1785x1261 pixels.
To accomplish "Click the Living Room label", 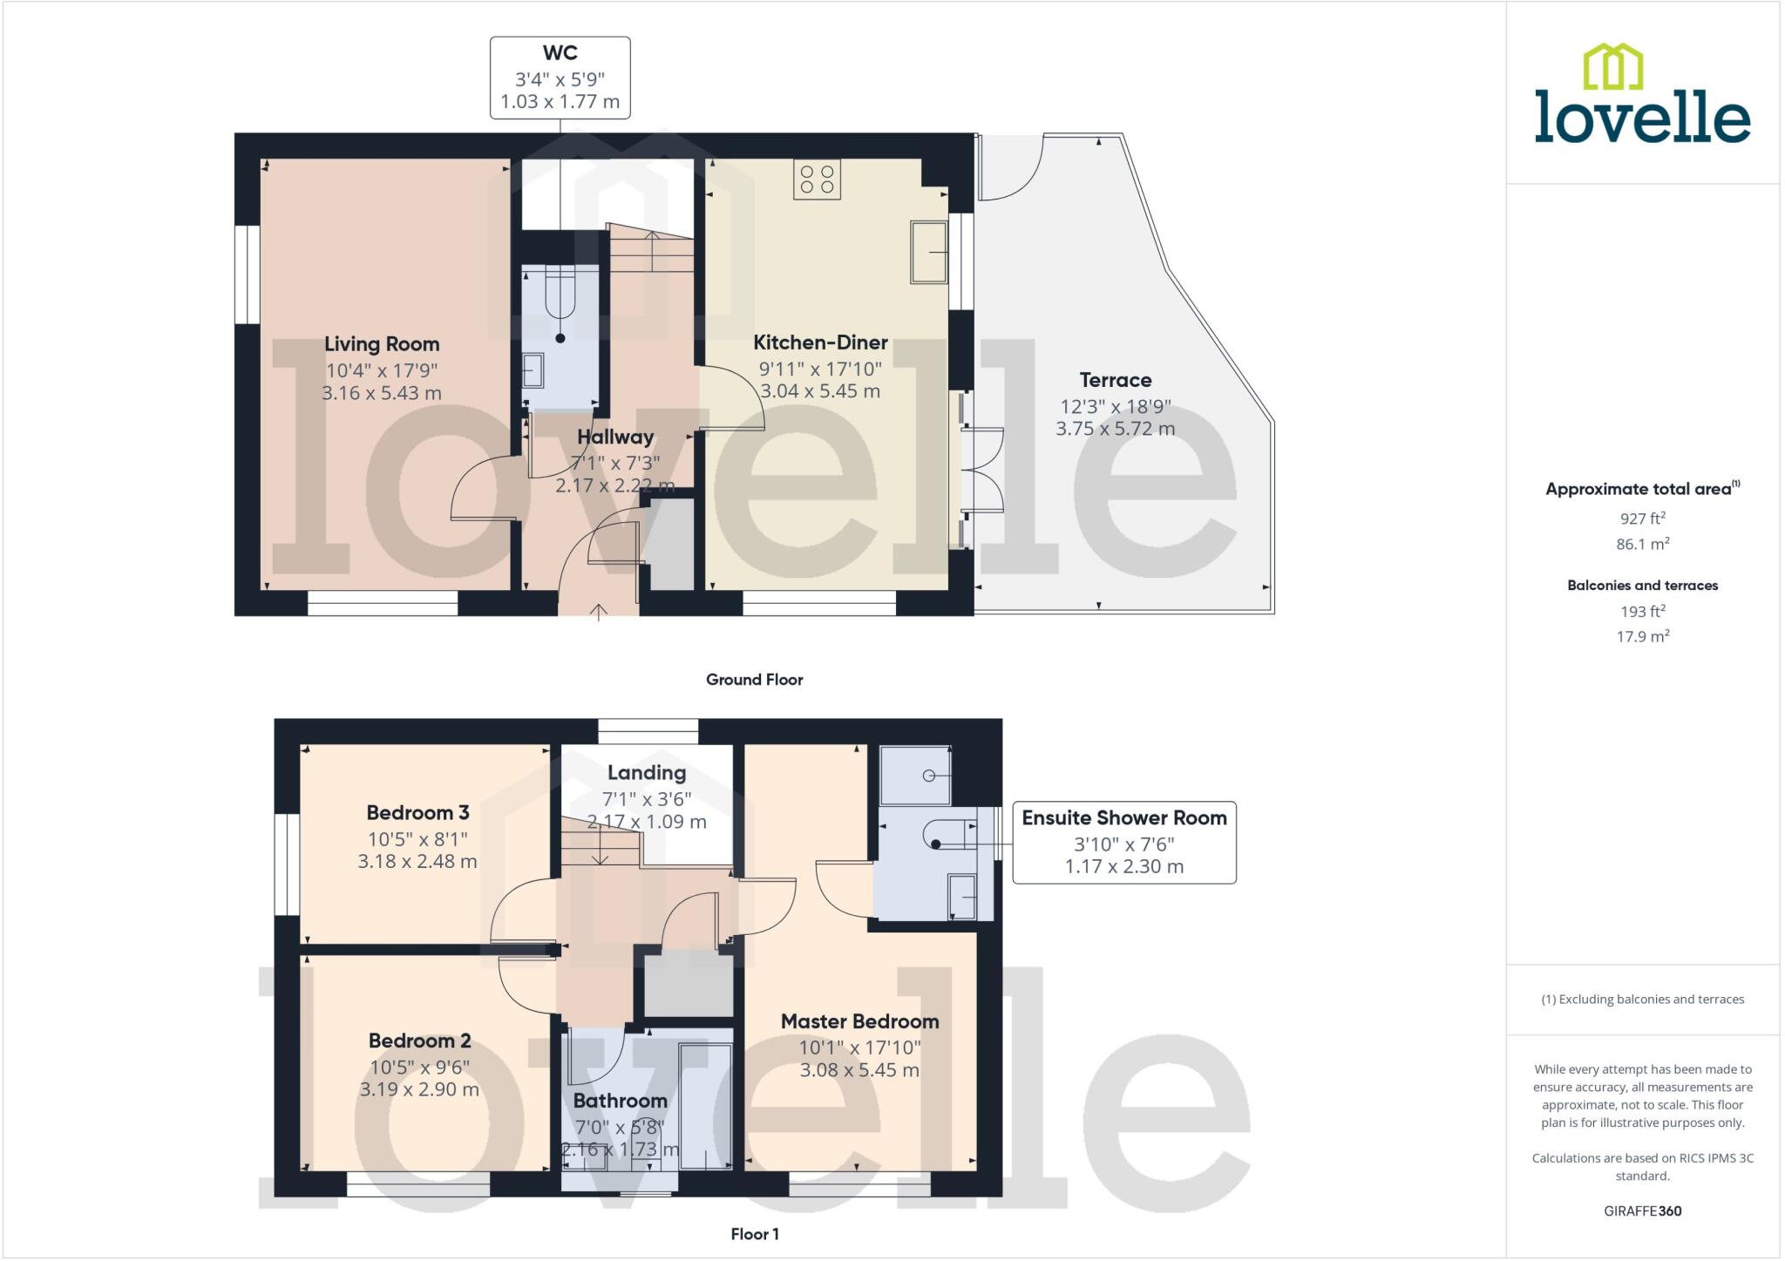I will (382, 344).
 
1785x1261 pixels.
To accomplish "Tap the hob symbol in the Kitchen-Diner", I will (817, 180).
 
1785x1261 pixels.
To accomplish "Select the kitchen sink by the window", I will (928, 252).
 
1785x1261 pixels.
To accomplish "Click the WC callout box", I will (560, 78).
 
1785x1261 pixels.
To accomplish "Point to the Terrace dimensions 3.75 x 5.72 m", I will (1115, 429).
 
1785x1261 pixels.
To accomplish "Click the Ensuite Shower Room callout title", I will (1123, 817).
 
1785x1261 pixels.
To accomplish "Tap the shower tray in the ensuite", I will (914, 775).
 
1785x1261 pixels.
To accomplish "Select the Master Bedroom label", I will (859, 1021).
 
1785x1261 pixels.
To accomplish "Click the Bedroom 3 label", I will (417, 813).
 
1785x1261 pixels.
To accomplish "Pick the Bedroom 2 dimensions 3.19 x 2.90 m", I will (419, 1089).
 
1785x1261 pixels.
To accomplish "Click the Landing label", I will (646, 773).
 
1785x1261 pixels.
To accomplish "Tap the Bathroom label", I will (620, 1101).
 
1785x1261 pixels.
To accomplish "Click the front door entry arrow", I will (599, 612).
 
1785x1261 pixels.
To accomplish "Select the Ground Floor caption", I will (754, 680).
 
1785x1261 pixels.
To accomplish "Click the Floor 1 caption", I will (754, 1234).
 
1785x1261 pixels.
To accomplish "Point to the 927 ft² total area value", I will (1642, 519).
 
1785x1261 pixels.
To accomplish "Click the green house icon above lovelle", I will (1612, 67).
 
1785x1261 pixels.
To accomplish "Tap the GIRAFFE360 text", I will (1642, 1211).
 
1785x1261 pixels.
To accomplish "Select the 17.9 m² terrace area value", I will (1642, 637).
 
